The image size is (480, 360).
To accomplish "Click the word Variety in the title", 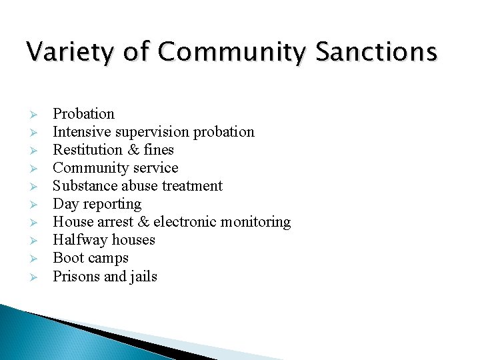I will (x=65, y=52).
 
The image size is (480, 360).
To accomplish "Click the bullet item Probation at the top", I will (x=83, y=114).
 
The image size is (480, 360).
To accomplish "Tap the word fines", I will (x=159, y=150).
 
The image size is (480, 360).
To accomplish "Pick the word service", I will (x=154, y=168).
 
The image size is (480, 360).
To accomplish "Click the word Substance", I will (x=84, y=186).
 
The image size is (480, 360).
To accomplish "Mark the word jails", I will (x=142, y=276).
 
